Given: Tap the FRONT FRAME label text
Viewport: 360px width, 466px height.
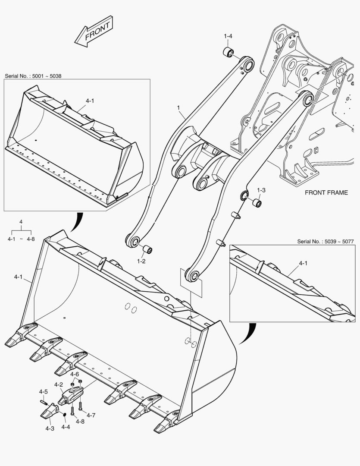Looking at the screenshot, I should pyautogui.click(x=326, y=192).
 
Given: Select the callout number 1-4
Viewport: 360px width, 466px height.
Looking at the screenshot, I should pyautogui.click(x=228, y=36).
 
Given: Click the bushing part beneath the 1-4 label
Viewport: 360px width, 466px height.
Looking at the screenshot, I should pyautogui.click(x=228, y=53).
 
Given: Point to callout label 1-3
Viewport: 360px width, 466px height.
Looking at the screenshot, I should pyautogui.click(x=261, y=190).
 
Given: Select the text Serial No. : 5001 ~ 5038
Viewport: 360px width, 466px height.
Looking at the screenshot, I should pyautogui.click(x=33, y=76).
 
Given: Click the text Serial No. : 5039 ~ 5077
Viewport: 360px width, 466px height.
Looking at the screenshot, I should pyautogui.click(x=326, y=241).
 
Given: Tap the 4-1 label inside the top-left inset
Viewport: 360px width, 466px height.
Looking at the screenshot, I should pyautogui.click(x=90, y=101).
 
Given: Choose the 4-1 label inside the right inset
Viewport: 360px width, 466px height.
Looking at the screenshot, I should pyautogui.click(x=303, y=263).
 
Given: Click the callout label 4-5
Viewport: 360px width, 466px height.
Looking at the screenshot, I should pyautogui.click(x=43, y=392).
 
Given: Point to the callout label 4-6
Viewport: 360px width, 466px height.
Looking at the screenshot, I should pyautogui.click(x=75, y=375).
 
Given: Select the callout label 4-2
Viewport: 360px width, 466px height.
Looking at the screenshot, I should pyautogui.click(x=59, y=384).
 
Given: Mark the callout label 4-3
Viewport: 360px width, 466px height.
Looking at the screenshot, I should pyautogui.click(x=50, y=428).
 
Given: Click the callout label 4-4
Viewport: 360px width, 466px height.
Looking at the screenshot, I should pyautogui.click(x=66, y=427).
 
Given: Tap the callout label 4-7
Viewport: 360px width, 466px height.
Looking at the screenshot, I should pyautogui.click(x=91, y=415).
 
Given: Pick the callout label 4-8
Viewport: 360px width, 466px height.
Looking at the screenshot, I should pyautogui.click(x=80, y=421).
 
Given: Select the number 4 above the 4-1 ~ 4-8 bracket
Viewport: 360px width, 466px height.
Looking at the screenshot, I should pyautogui.click(x=21, y=222).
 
